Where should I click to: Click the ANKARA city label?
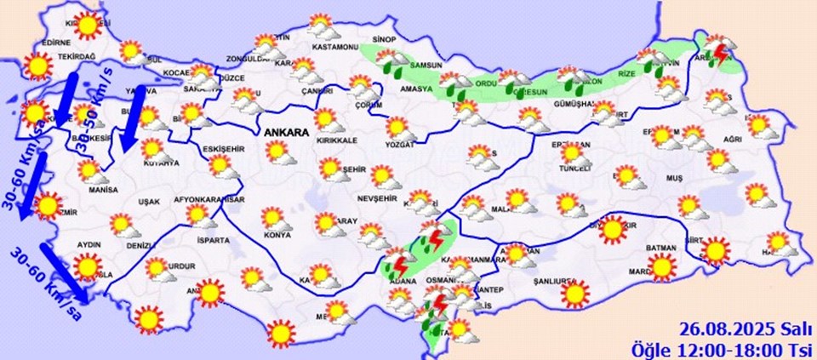click(289, 134)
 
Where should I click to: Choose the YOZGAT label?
click(398, 145)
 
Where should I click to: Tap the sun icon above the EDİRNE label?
click(87, 26)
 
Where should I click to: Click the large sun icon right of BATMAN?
click(716, 250)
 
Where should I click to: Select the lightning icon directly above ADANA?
click(397, 263)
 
